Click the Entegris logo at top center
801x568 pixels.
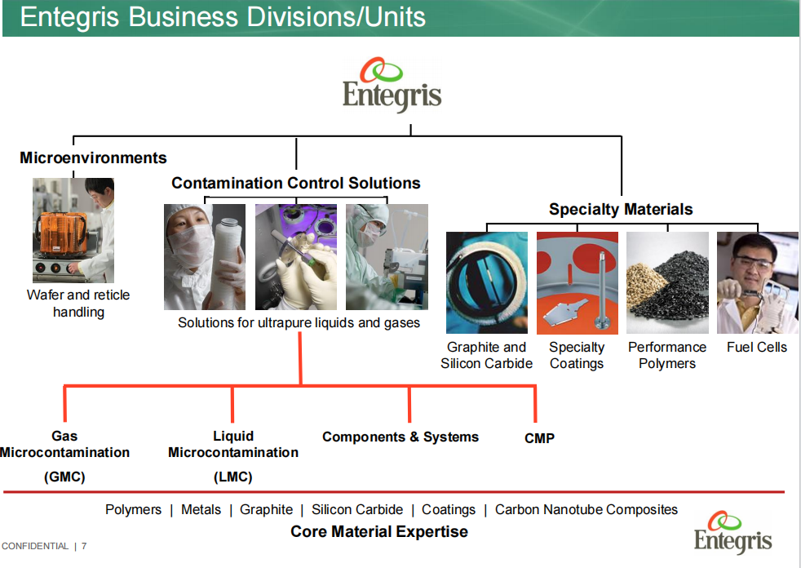tap(392, 84)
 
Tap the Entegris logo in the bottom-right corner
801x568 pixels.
tap(732, 532)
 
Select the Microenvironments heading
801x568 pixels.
tap(93, 158)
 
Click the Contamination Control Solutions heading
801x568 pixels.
tap(296, 183)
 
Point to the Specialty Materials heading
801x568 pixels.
tap(621, 209)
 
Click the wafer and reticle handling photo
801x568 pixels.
tap(73, 230)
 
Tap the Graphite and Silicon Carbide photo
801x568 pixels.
tap(487, 282)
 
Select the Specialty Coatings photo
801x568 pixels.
tap(577, 282)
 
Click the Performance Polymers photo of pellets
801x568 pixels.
tap(667, 282)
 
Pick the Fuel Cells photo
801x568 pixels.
tap(757, 282)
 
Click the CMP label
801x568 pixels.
tap(539, 438)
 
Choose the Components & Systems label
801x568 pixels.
tap(400, 437)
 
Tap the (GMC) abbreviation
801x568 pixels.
tap(64, 477)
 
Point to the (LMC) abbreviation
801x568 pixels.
tap(233, 477)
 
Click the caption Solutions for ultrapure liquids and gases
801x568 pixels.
tap(299, 322)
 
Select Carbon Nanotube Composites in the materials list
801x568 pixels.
tap(586, 509)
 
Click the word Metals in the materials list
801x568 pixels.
tap(201, 509)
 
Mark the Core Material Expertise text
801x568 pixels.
tap(379, 531)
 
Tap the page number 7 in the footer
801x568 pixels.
tap(84, 546)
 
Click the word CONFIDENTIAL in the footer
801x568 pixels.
tap(35, 546)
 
